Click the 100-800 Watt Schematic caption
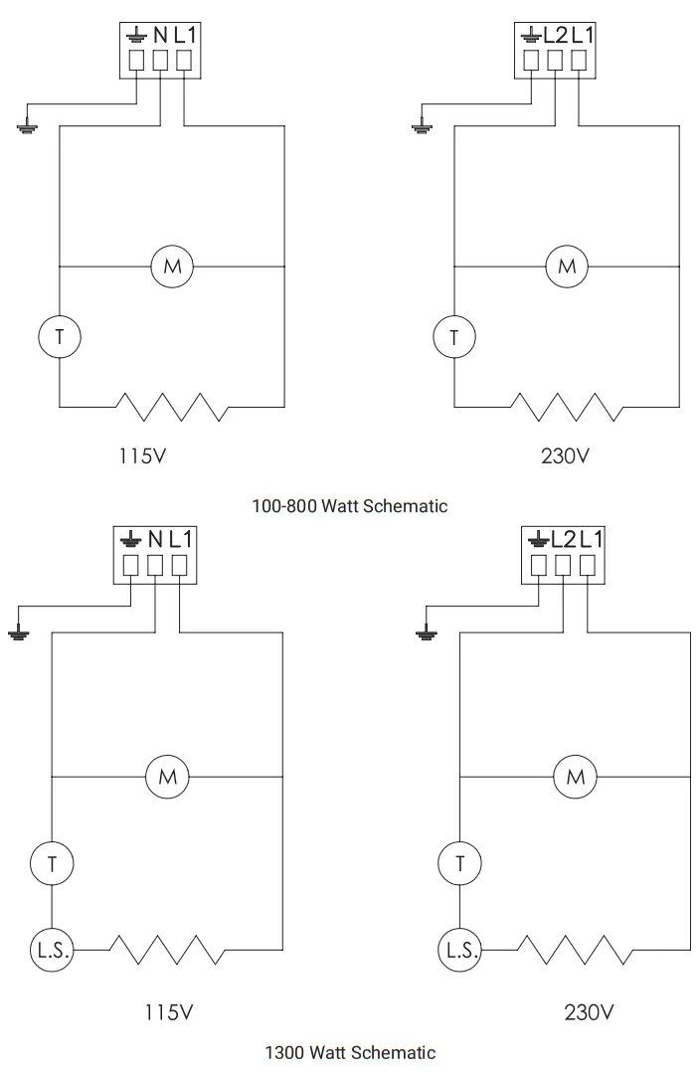click(350, 506)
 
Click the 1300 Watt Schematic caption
click(350, 1051)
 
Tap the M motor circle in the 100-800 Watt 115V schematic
click(172, 267)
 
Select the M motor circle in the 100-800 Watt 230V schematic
click(567, 267)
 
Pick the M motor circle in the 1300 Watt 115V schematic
click(167, 777)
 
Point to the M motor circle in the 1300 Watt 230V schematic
click(575, 777)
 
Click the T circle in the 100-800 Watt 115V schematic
click(59, 337)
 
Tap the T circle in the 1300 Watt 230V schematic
click(459, 863)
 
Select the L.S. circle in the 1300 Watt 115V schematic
click(52, 950)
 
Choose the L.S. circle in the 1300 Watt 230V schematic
click(459, 950)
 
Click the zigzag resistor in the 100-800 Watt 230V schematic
click(567, 406)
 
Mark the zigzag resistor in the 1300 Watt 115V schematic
click(166, 950)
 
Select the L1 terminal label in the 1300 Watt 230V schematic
click(591, 540)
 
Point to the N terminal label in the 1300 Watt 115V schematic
click(155, 540)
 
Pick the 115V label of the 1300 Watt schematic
click(167, 1012)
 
